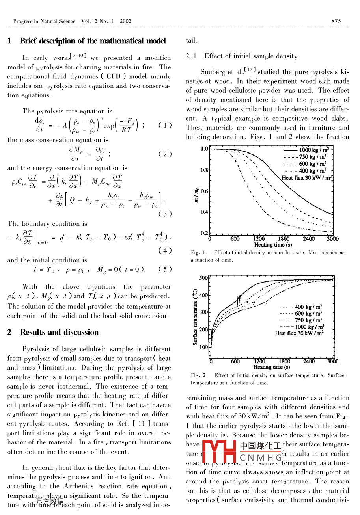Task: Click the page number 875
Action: (336, 21)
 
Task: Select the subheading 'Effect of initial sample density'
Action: (251, 56)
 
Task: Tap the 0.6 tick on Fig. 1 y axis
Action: (204, 191)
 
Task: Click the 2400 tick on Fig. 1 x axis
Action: (309, 239)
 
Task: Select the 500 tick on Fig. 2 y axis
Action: (204, 278)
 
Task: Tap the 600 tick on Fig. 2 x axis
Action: (235, 361)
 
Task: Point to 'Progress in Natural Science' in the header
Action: (44, 21)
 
